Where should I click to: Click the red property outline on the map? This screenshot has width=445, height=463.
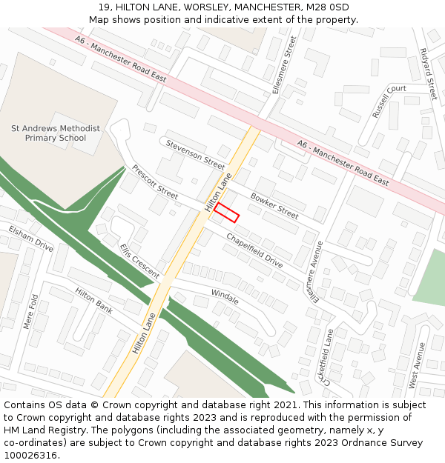click(227, 212)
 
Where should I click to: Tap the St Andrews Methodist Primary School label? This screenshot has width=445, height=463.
click(55, 133)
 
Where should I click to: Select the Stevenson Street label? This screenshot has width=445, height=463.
click(195, 154)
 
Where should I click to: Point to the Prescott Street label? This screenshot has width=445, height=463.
click(155, 182)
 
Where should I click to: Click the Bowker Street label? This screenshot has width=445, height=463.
click(274, 206)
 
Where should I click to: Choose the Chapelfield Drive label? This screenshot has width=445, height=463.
click(254, 251)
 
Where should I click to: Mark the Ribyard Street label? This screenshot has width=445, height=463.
click(428, 74)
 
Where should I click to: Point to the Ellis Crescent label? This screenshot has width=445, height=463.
click(139, 262)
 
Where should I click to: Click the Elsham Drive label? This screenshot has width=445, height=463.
click(31, 239)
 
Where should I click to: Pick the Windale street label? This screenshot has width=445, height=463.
click(225, 296)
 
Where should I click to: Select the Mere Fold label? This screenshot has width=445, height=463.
click(30, 311)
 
